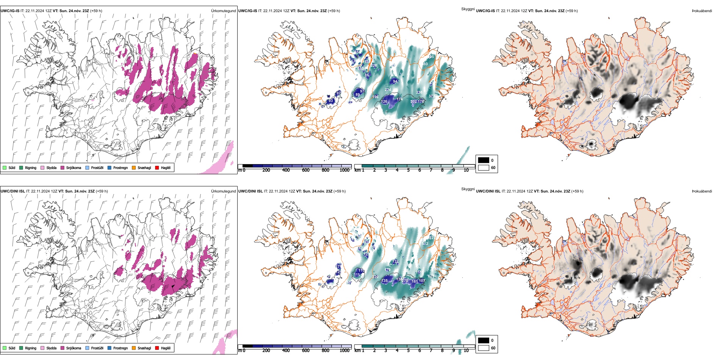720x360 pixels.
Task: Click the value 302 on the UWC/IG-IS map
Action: click(413, 102)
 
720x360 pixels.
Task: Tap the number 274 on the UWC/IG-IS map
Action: click(388, 90)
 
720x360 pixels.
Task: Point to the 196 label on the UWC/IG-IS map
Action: click(375, 97)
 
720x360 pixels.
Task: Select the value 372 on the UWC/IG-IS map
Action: click(432, 96)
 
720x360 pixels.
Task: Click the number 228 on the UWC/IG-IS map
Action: click(374, 66)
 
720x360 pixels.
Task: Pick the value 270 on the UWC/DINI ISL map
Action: click(405, 281)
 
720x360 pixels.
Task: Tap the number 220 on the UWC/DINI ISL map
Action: click(375, 277)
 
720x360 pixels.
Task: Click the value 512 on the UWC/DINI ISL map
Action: click(425, 244)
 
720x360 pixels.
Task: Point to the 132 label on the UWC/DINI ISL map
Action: click(395, 261)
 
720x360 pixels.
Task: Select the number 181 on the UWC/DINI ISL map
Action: click(415, 282)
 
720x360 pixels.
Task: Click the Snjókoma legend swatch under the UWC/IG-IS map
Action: click(63, 167)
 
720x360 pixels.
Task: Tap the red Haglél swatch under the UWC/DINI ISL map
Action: click(157, 348)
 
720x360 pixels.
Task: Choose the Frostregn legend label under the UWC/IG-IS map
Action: click(121, 167)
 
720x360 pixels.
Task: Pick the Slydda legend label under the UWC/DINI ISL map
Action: click(51, 348)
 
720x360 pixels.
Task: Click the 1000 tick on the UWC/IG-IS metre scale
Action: click(344, 170)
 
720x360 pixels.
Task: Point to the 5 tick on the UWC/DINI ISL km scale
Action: click(408, 351)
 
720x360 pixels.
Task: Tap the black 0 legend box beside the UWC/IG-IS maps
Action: click(484, 160)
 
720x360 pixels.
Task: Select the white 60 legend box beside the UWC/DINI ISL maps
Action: click(484, 348)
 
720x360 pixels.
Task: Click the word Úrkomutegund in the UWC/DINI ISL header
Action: click(223, 191)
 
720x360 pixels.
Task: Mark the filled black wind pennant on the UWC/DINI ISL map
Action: click(173, 287)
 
